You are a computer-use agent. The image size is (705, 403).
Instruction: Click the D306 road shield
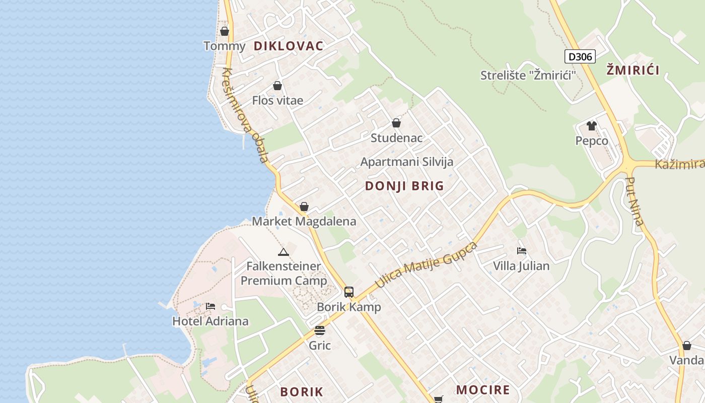pos(580,56)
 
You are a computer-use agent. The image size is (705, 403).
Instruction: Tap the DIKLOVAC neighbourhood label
pos(288,46)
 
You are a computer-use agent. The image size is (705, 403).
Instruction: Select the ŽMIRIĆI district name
pos(633,70)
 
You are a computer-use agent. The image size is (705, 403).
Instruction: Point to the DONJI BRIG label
pos(404,186)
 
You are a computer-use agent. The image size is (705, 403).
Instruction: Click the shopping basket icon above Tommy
pos(225,31)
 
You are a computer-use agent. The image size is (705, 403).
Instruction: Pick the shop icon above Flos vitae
pos(277,86)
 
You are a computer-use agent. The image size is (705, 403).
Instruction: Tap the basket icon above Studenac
pos(396,123)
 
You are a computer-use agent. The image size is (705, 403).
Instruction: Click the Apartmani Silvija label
pos(407,162)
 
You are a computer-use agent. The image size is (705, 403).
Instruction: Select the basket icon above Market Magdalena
pos(304,207)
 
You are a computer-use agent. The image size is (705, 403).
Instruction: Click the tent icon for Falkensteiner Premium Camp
pos(283,252)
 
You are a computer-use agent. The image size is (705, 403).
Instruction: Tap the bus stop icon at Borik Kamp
pos(348,292)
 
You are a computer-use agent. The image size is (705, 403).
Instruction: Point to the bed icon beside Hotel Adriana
pos(210,306)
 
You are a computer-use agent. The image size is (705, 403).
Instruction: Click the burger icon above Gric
pos(320,330)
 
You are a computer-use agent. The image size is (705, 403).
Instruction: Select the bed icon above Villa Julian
pos(521,251)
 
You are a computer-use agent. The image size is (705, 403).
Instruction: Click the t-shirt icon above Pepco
pos(591,125)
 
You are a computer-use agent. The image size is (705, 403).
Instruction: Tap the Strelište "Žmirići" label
pos(528,76)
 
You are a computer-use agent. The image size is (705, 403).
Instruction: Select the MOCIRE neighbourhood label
pos(483,390)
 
